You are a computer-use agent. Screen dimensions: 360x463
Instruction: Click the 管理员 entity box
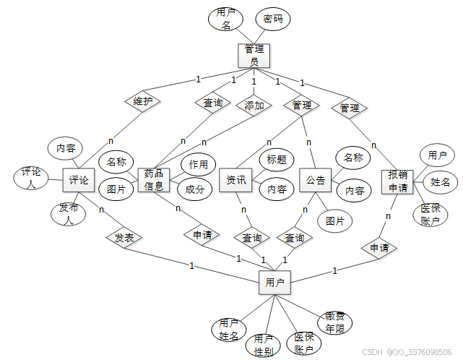point(254,56)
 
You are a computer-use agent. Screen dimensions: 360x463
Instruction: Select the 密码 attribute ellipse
point(272,19)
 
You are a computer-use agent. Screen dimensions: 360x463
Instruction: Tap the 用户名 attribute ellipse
point(226,19)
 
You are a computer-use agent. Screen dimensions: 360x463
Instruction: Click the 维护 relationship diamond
point(142,101)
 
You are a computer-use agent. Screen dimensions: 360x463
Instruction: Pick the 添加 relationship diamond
point(254,105)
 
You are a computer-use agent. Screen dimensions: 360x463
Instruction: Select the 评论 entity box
point(79,180)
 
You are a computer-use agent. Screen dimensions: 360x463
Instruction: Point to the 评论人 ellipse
point(30,178)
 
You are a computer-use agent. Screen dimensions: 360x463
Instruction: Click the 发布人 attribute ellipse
point(69,214)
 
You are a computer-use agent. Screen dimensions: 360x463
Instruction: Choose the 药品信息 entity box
point(153,180)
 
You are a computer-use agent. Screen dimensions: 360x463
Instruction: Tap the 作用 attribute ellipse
point(199,165)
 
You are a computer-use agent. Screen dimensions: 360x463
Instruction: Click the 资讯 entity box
point(235,180)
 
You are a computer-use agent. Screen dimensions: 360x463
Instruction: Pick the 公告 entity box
point(316,180)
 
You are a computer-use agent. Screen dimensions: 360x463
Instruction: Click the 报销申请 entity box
point(397,181)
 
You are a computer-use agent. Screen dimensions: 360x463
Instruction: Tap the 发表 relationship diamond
point(124,236)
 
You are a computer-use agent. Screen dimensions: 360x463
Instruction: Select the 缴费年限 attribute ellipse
point(335,322)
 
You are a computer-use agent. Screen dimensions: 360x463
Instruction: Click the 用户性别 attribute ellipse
point(263,346)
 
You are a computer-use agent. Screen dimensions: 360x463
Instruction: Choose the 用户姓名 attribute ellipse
point(228,330)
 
